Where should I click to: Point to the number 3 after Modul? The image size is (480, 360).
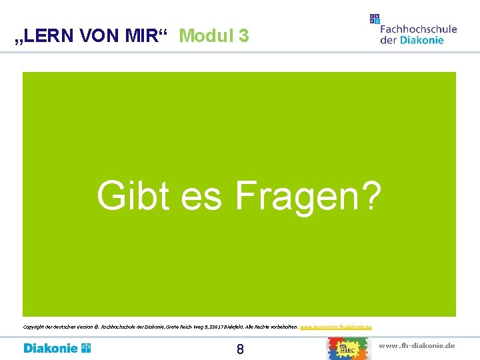[x=243, y=35]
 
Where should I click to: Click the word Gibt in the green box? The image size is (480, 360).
[x=130, y=196]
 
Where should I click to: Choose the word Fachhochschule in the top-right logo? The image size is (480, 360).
[x=418, y=29]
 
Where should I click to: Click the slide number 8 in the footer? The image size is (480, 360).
[x=240, y=349]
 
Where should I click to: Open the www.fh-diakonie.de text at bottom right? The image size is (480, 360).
[x=417, y=345]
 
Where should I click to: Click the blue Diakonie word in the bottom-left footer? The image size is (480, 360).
[x=51, y=348]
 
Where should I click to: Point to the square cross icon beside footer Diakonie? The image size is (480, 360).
[x=86, y=348]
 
